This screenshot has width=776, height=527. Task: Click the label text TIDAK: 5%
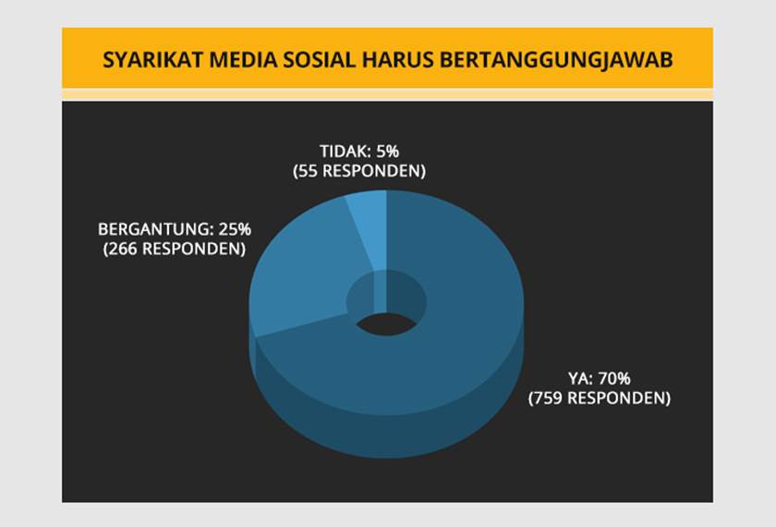pyautogui.click(x=358, y=152)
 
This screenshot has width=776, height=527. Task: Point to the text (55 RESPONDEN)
pyautogui.click(x=358, y=171)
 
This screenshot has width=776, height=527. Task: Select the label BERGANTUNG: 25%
pyautogui.click(x=174, y=229)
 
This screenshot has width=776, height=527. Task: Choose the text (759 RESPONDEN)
pyautogui.click(x=599, y=399)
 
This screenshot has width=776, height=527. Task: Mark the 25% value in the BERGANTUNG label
pyautogui.click(x=233, y=229)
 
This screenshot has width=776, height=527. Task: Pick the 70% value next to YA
pyautogui.click(x=613, y=379)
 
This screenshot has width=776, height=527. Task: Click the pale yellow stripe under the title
pyautogui.click(x=388, y=94)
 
